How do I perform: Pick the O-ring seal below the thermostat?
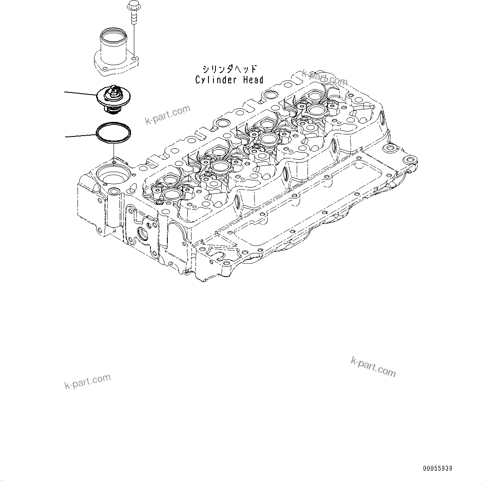(114, 132)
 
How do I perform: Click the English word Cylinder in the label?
(215, 80)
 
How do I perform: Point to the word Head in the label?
(252, 80)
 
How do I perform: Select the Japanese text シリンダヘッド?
(229, 69)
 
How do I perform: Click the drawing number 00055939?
(438, 469)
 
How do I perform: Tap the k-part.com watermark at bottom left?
(87, 382)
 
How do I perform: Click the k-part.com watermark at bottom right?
(373, 367)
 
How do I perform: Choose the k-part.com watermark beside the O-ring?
(167, 114)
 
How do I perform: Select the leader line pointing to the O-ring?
(80, 135)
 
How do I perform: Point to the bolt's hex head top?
(133, 6)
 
